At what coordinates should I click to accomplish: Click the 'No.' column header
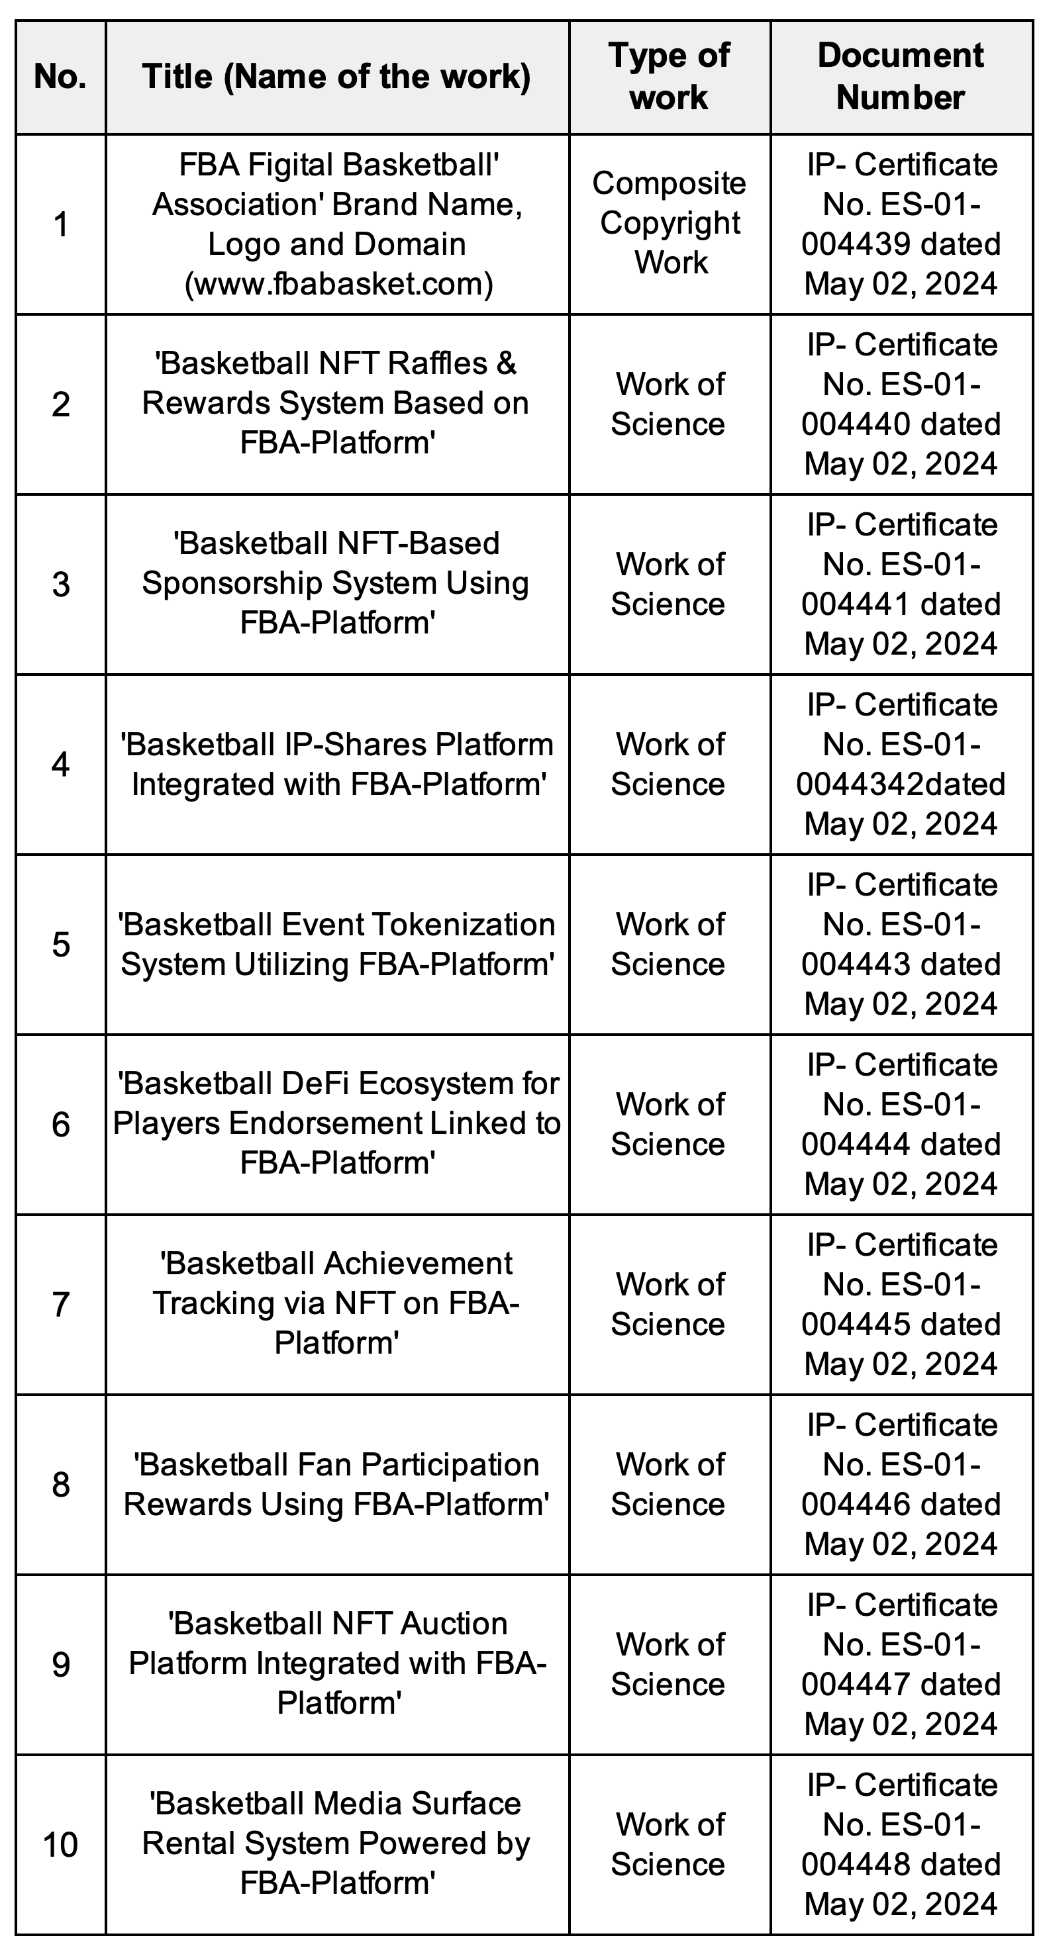60,77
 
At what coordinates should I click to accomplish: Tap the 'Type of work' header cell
669,77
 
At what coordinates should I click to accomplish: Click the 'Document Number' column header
900,77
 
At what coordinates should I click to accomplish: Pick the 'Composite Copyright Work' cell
669,224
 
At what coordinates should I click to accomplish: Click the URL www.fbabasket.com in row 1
338,284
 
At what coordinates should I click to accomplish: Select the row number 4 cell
60,765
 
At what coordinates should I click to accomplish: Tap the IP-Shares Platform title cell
338,765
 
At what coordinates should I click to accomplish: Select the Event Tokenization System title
338,945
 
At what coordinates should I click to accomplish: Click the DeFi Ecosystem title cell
338,1123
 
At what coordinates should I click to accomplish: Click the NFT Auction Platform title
338,1664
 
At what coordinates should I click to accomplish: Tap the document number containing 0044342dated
900,784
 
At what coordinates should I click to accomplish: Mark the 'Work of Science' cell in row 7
669,1304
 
